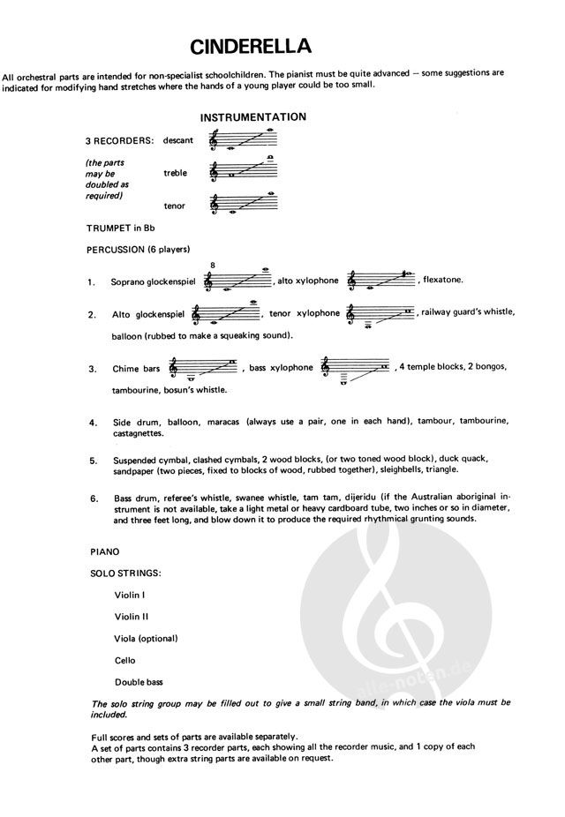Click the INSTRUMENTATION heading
(252, 117)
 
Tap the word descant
(178, 140)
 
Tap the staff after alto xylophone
(380, 280)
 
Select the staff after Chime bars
(204, 369)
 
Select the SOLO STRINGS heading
(126, 573)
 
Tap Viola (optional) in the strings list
(146, 638)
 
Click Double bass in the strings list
(139, 681)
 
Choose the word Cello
(125, 660)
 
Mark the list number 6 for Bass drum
(93, 498)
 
